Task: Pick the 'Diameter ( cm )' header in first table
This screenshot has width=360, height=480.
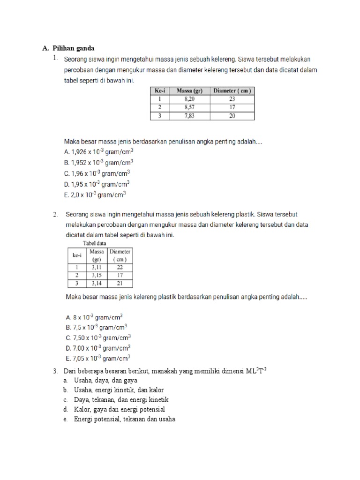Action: [x=232, y=91]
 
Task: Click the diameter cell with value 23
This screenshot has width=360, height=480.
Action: [x=232, y=99]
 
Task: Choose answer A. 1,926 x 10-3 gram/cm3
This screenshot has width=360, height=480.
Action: [x=98, y=152]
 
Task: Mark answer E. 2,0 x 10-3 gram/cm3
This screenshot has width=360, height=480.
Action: [x=95, y=194]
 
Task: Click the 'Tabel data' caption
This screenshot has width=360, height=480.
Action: [x=94, y=243]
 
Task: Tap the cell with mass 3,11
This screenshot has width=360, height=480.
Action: [x=97, y=267]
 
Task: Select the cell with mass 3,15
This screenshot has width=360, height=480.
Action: [x=97, y=275]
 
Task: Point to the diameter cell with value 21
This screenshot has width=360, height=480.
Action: [x=120, y=284]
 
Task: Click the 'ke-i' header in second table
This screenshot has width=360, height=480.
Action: [x=75, y=255]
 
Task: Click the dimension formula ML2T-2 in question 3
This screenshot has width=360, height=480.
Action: [x=255, y=371]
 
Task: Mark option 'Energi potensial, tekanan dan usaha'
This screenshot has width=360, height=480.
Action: [x=124, y=419]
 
